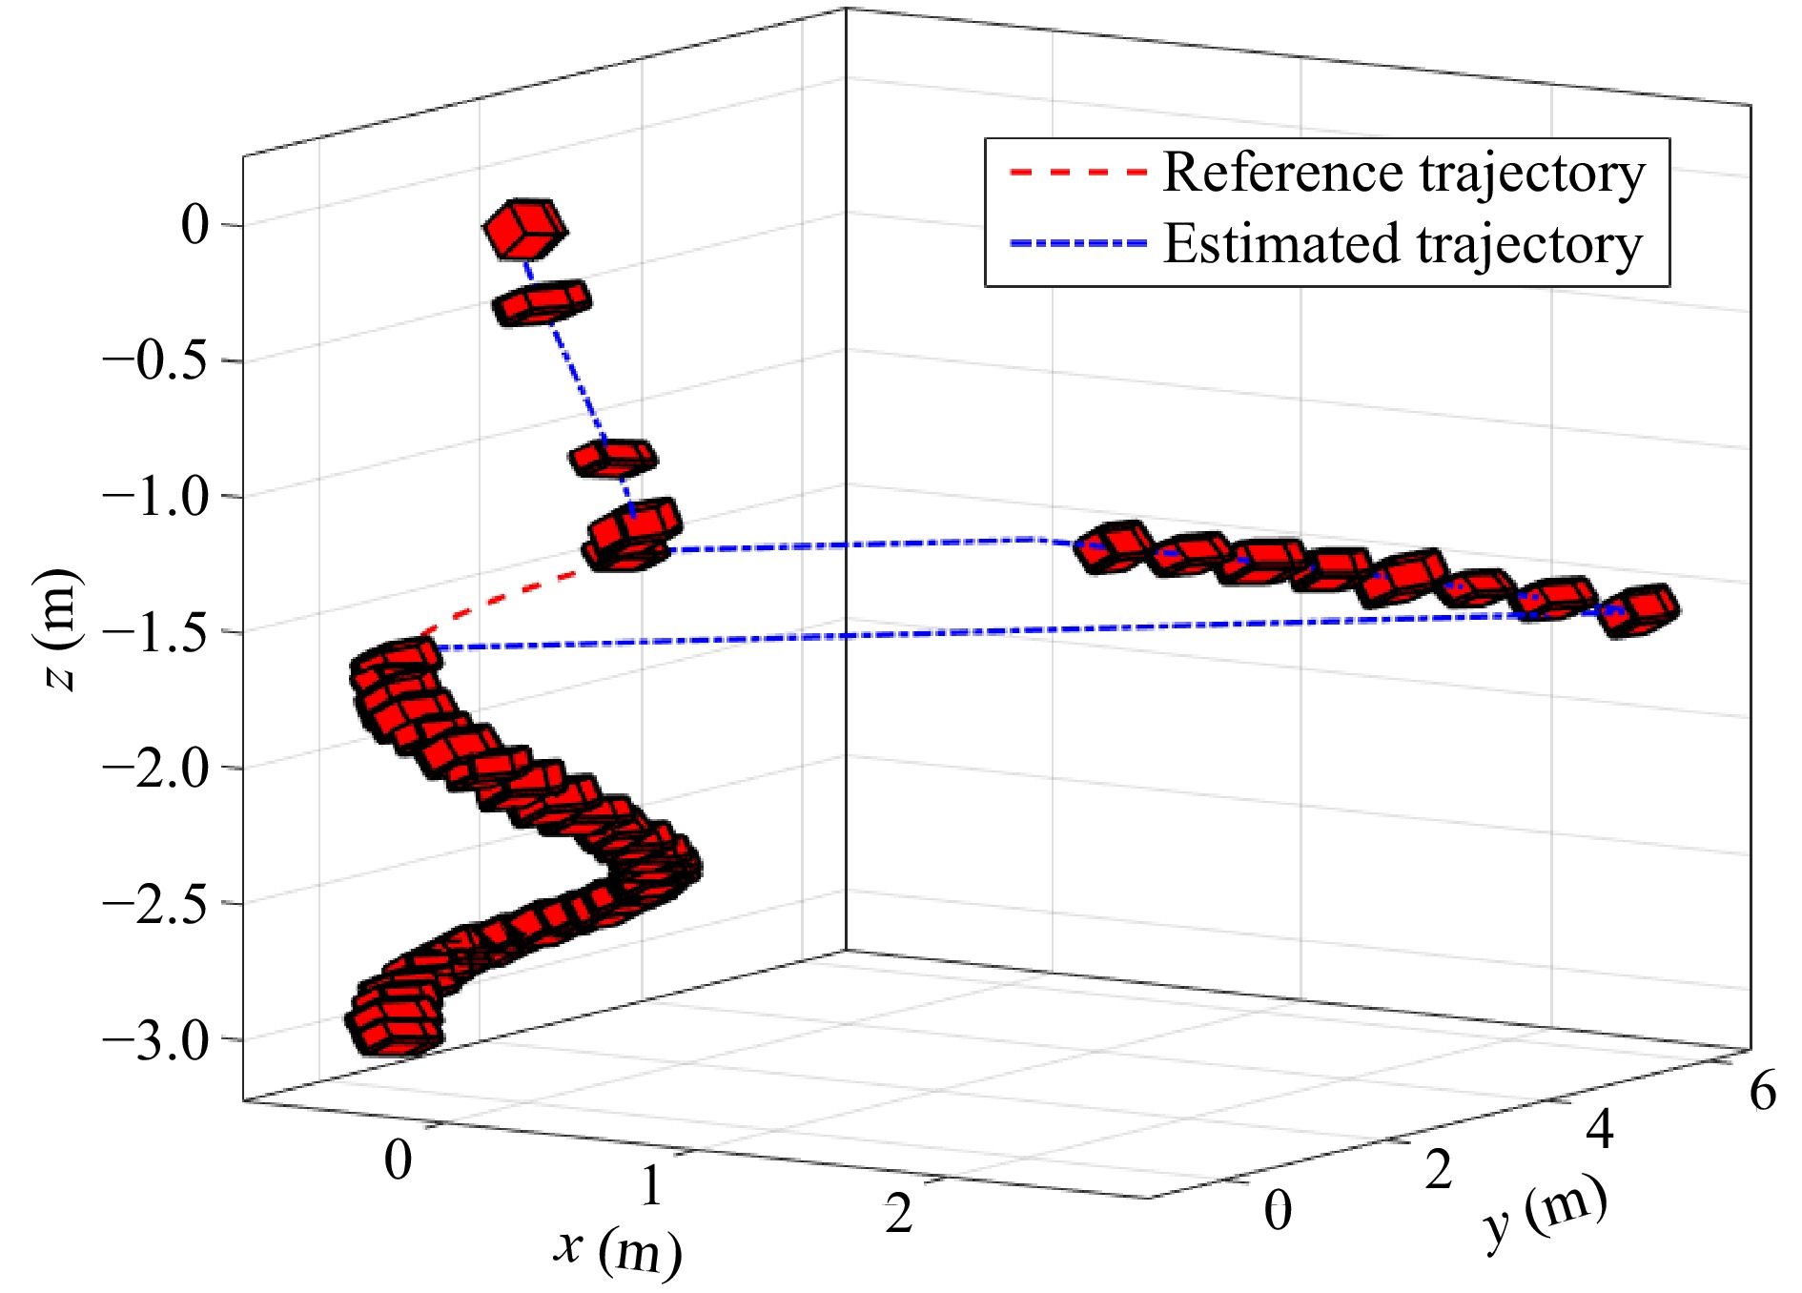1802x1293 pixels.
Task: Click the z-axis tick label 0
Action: pos(195,225)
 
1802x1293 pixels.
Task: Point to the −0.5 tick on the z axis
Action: pos(154,361)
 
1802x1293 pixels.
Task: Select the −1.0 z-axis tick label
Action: pos(154,497)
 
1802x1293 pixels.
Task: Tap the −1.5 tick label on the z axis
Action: pos(154,632)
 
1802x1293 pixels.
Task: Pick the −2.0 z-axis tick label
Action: pos(154,769)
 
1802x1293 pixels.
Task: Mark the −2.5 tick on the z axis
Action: pos(154,904)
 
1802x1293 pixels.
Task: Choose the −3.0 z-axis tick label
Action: pos(154,1039)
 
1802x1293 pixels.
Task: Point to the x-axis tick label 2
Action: pos(898,1215)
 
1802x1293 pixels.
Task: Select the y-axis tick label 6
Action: pos(1762,1091)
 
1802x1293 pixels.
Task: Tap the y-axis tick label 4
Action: pos(1599,1131)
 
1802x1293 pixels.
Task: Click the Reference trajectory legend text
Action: pos(1403,174)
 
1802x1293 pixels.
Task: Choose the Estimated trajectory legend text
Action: pos(1403,244)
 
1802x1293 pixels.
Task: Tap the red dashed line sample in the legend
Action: pos(1076,174)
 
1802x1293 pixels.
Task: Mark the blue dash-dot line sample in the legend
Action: pos(1076,244)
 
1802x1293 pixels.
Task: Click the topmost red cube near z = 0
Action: pos(524,229)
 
